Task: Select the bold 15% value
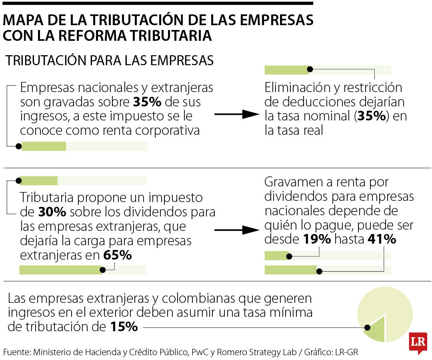(x=124, y=327)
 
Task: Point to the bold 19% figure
(x=317, y=239)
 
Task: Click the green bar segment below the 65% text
(x=60, y=270)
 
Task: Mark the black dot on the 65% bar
(x=102, y=270)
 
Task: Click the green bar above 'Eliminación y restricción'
(x=287, y=70)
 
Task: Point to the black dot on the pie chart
(x=367, y=328)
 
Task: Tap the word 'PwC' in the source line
(x=200, y=352)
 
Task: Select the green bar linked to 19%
(x=276, y=256)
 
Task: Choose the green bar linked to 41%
(x=290, y=270)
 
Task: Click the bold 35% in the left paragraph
(x=147, y=102)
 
